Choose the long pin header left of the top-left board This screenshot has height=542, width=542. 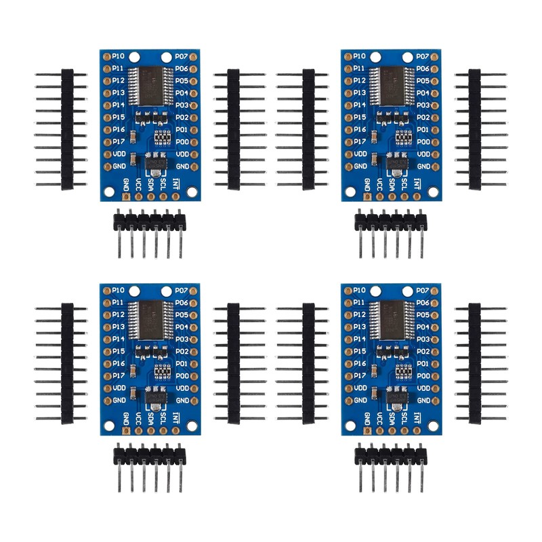pyautogui.click(x=67, y=129)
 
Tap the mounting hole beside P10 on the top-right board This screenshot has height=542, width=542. pyautogui.click(x=374, y=57)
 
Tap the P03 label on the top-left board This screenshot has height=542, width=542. pyautogui.click(x=182, y=105)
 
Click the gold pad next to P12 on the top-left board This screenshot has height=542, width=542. pyautogui.click(x=106, y=81)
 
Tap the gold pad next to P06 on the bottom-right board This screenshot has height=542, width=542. pyautogui.click(x=436, y=302)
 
